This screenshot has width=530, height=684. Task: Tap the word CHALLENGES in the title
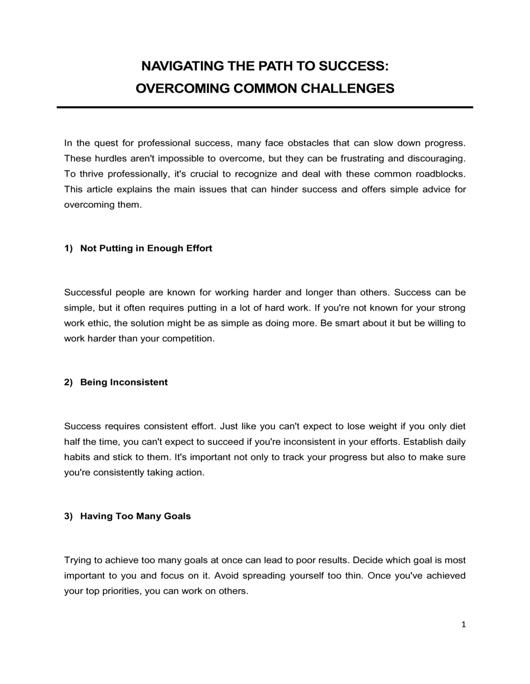coord(348,88)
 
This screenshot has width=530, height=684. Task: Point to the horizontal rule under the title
coord(265,107)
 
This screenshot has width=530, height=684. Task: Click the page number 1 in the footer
coord(463,625)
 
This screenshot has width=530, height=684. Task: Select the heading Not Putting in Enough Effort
coord(146,248)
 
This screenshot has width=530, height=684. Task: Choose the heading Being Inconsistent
coord(123,382)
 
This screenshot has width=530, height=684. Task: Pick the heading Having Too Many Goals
coord(135,516)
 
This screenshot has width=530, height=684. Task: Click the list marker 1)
coord(68,248)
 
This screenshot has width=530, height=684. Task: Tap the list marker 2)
coord(68,382)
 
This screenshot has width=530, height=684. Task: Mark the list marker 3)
coord(68,516)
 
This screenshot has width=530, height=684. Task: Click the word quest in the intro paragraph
coord(106,143)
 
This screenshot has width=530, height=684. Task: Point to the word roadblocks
coord(440,174)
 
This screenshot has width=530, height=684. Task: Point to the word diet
coord(457,426)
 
